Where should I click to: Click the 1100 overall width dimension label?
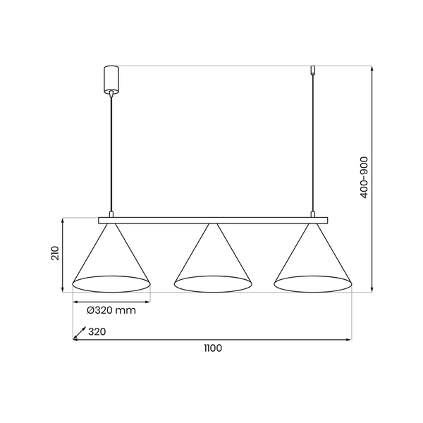[212, 348]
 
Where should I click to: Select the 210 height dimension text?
[54, 254]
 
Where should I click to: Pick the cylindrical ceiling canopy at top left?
[111, 79]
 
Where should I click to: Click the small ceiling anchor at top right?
[312, 70]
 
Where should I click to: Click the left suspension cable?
[111, 152]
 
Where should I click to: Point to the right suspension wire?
[312, 141]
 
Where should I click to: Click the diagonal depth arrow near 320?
[79, 332]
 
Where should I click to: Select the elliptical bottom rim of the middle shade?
[213, 284]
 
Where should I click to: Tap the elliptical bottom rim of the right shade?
[312, 284]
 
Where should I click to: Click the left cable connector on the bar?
[111, 213]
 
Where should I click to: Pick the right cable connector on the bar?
[312, 213]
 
